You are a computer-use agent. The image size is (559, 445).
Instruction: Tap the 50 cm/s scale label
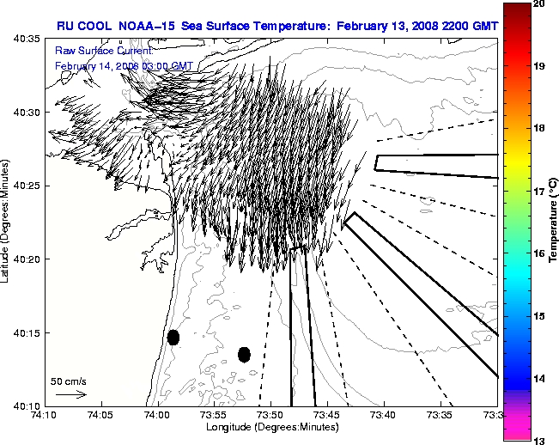[69, 381]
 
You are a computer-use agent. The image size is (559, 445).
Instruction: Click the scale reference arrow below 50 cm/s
[71, 394]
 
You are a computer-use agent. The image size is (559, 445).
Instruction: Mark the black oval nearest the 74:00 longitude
[173, 337]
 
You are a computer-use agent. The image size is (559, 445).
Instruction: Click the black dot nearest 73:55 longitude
[244, 354]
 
